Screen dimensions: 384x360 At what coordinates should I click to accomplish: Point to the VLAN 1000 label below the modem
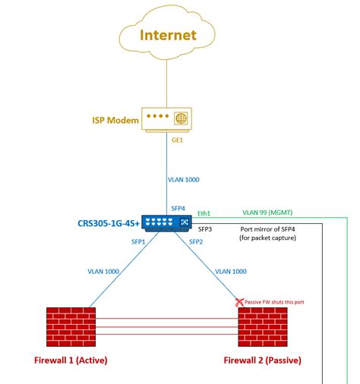pyautogui.click(x=183, y=181)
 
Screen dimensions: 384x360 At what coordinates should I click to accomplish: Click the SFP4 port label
pyautogui.click(x=179, y=208)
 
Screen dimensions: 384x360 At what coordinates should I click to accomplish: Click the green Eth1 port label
pyautogui.click(x=204, y=214)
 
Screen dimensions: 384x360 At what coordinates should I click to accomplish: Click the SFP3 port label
pyautogui.click(x=205, y=228)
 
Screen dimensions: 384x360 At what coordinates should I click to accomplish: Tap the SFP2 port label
pyautogui.click(x=196, y=242)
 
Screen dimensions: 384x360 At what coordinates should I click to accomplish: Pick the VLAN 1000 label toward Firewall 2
pyautogui.click(x=232, y=271)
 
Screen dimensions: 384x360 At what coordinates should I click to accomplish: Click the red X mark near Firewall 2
pyautogui.click(x=240, y=302)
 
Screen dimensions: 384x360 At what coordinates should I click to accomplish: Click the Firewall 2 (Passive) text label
pyautogui.click(x=263, y=360)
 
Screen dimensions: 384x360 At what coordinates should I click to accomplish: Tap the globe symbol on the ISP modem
pyautogui.click(x=180, y=118)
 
